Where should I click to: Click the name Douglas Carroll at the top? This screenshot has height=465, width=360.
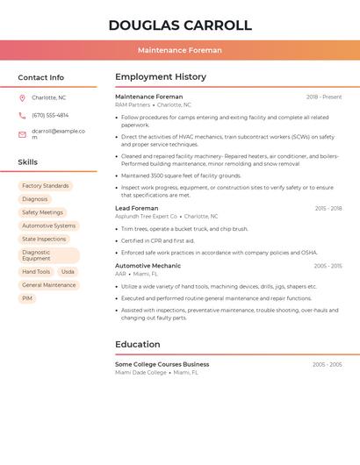[179, 25]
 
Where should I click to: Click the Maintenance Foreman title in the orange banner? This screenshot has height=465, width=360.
[179, 50]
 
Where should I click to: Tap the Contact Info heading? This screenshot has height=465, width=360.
[41, 77]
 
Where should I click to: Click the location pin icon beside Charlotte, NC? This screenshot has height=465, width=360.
[22, 98]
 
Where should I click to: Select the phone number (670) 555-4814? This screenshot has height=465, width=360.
[50, 115]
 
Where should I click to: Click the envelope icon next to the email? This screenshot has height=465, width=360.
[22, 134]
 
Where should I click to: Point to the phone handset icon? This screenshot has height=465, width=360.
[22, 115]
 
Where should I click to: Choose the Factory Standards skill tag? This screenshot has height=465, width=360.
[45, 186]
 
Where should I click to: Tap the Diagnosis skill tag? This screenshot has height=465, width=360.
[35, 199]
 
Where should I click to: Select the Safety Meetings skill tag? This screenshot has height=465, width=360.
[42, 212]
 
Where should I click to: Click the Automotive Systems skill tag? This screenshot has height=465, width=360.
[48, 225]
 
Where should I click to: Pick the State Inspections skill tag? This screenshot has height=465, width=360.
[44, 239]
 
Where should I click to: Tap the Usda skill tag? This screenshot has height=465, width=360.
[68, 272]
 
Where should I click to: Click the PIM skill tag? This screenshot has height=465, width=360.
[27, 298]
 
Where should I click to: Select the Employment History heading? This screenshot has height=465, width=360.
[161, 77]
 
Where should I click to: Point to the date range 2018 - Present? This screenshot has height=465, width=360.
[323, 97]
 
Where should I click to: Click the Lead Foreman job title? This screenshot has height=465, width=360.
[137, 208]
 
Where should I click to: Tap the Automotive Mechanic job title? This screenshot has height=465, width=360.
[148, 265]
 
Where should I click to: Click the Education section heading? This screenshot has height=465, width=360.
[138, 345]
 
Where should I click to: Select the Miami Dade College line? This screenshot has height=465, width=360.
[141, 372]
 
